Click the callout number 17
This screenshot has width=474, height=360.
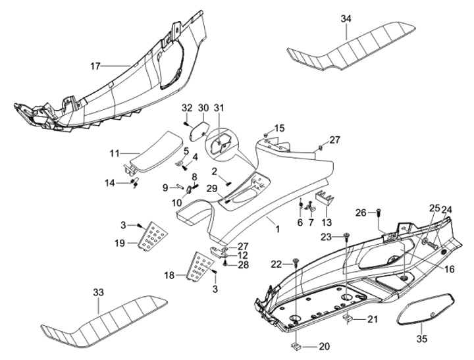95,66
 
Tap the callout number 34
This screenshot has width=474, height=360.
346,19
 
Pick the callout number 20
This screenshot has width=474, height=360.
324,346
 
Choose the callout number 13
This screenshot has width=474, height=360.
326,222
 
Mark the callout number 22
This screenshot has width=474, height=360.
276,264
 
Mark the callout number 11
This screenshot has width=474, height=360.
115,153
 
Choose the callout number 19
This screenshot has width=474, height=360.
119,243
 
